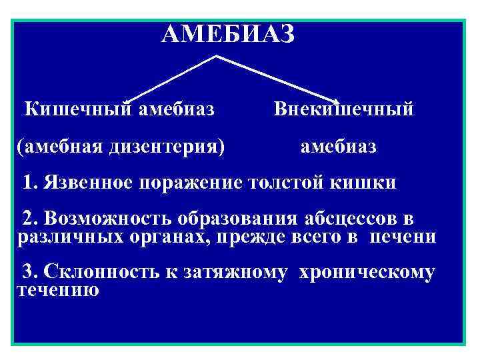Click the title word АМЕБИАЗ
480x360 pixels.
click(x=227, y=33)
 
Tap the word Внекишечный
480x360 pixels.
click(x=343, y=109)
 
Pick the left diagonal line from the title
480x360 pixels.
click(x=170, y=80)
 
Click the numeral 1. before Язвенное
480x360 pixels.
click(x=31, y=183)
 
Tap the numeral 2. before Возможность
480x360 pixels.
click(x=31, y=219)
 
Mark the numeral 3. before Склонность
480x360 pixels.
click(x=31, y=271)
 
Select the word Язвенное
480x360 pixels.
click(x=87, y=183)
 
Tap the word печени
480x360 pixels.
click(x=403, y=237)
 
